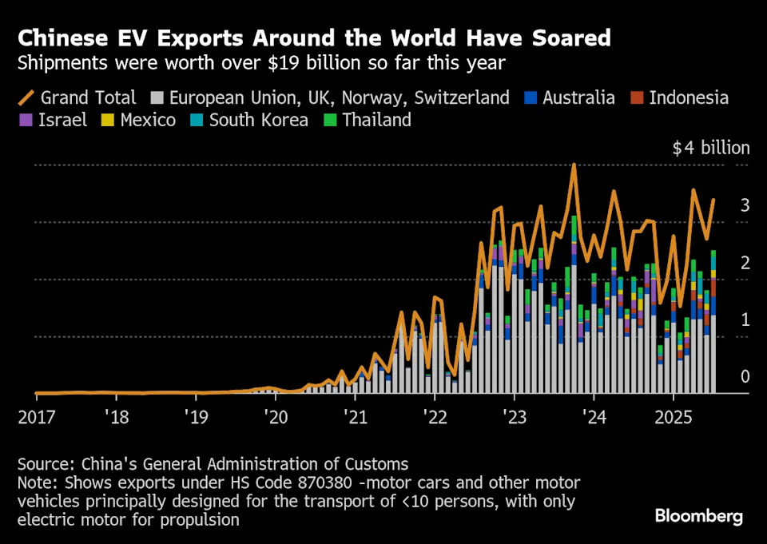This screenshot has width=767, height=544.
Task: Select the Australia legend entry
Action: [x=570, y=98]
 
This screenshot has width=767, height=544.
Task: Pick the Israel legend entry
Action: [x=54, y=121]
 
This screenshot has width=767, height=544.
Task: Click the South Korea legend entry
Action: [x=248, y=121]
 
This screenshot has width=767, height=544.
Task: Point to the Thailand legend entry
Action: [x=367, y=121]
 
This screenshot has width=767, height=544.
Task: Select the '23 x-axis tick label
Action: [x=513, y=417]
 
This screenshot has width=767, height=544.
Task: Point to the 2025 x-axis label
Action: [x=672, y=417]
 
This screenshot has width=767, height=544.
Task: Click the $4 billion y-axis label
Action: [x=711, y=148]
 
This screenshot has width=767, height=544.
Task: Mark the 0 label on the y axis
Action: [x=745, y=377]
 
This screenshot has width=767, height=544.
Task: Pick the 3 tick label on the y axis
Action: [x=745, y=205]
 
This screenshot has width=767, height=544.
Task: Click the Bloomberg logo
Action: [x=699, y=516]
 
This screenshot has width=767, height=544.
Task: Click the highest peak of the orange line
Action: [x=574, y=165]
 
